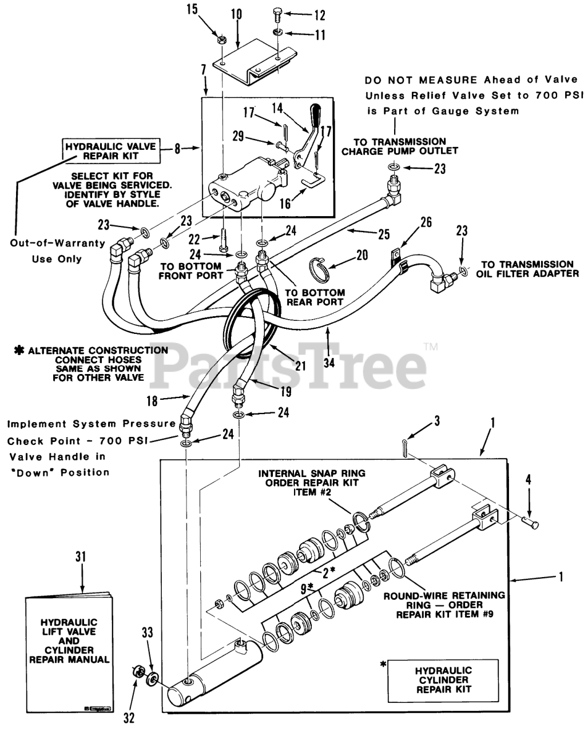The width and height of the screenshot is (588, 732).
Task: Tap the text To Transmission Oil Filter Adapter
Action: coord(526,269)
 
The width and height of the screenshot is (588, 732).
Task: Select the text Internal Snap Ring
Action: coord(312,474)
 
